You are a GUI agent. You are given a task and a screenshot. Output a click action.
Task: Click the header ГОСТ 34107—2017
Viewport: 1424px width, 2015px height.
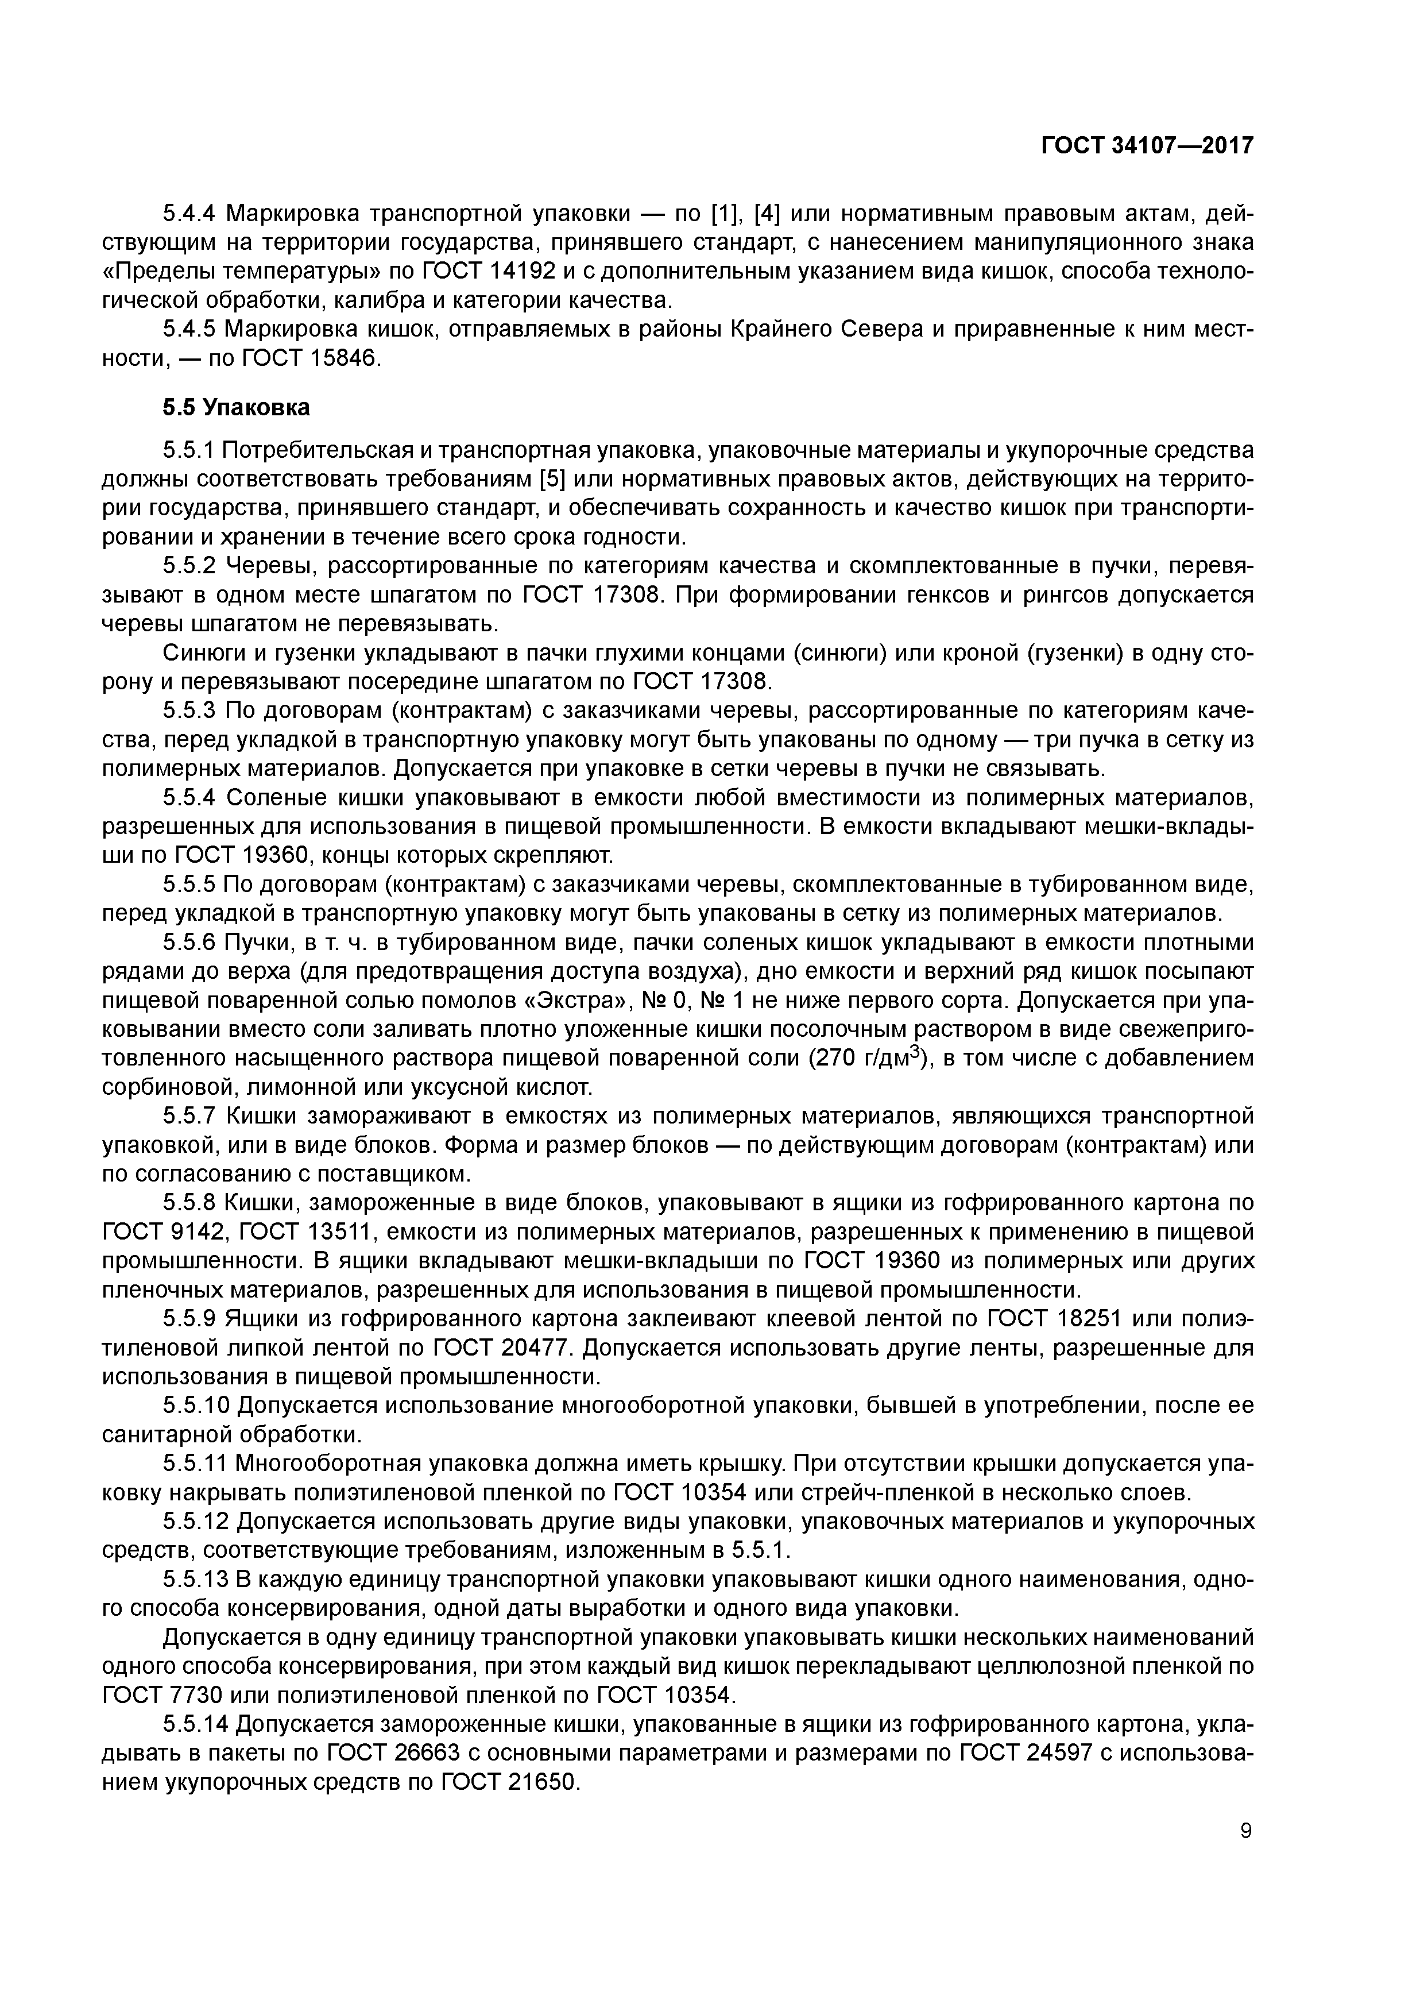click(1147, 146)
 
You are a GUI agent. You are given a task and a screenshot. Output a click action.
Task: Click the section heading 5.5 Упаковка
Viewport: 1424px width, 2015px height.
click(236, 407)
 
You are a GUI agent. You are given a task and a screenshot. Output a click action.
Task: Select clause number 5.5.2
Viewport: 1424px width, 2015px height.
click(189, 566)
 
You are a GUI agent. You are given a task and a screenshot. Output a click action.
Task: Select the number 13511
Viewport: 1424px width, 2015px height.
click(342, 1232)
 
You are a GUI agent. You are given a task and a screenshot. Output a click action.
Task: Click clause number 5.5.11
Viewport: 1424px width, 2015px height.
click(195, 1464)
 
